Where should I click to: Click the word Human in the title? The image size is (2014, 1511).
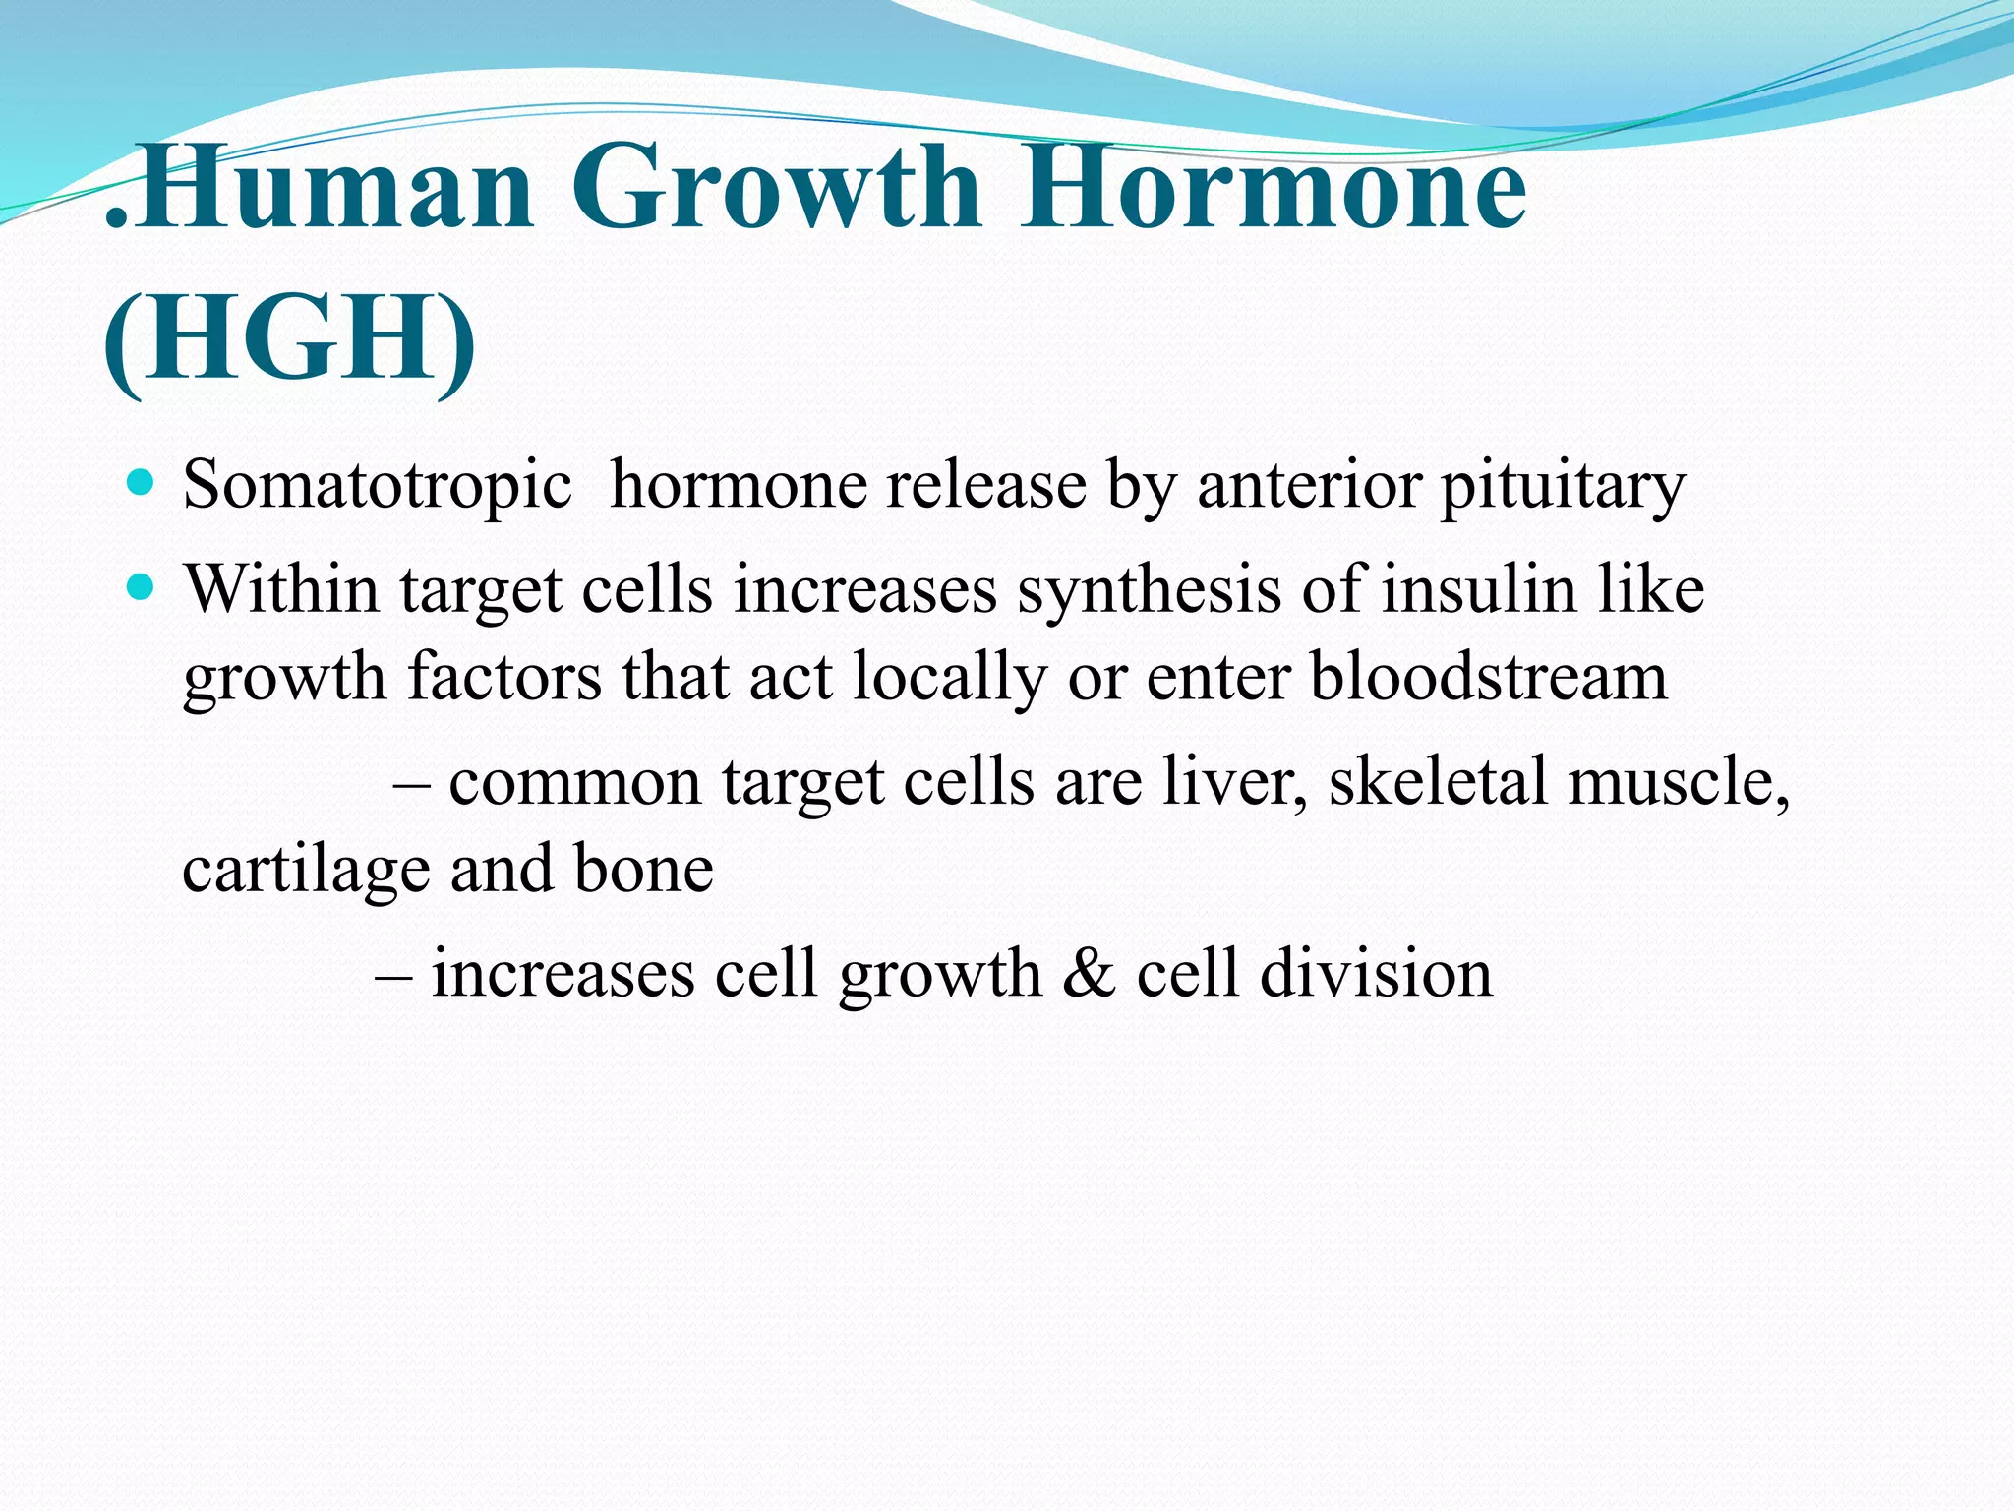(x=332, y=187)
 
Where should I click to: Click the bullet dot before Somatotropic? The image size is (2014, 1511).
(x=142, y=483)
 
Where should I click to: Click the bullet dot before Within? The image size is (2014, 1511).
(x=142, y=588)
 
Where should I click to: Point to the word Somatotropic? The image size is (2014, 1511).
(x=377, y=486)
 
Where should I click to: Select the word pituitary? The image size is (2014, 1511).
(x=1563, y=486)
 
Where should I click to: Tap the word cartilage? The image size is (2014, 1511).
(x=306, y=872)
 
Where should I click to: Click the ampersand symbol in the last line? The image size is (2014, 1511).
(x=1089, y=973)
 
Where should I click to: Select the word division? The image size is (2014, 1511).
(x=1376, y=973)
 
